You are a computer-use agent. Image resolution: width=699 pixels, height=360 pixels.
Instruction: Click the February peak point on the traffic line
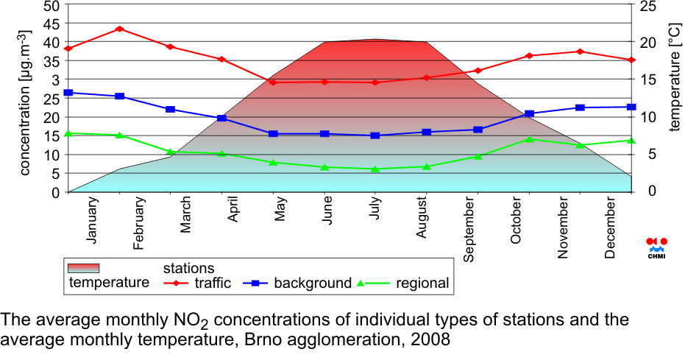point(119,29)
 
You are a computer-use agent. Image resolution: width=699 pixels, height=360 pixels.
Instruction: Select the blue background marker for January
point(68,93)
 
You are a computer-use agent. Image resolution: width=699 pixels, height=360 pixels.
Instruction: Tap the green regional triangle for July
point(375,169)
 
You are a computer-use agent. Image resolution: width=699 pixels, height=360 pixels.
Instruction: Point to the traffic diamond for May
point(273,82)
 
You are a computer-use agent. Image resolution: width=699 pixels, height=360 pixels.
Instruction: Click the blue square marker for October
point(530,114)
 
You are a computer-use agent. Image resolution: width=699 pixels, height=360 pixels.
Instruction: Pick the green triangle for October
point(530,139)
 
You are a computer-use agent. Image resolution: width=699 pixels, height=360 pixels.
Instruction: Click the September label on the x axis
point(469,229)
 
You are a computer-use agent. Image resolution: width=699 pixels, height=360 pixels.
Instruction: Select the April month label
point(233,209)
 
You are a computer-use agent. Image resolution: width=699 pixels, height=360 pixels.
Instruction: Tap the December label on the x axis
point(610,227)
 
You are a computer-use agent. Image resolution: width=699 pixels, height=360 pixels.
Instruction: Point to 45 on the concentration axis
point(52,24)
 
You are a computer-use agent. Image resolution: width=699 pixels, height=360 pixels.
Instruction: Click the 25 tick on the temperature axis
point(643,6)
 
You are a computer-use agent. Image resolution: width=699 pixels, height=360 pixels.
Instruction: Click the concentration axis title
point(26,103)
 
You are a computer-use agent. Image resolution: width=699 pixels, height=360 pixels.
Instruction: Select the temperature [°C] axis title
point(675,77)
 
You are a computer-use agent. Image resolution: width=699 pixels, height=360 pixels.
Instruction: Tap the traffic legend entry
point(196,283)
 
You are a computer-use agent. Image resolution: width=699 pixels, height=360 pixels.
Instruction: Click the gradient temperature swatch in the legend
point(83,268)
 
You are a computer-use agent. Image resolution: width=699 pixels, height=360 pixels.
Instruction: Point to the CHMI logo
point(656,248)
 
